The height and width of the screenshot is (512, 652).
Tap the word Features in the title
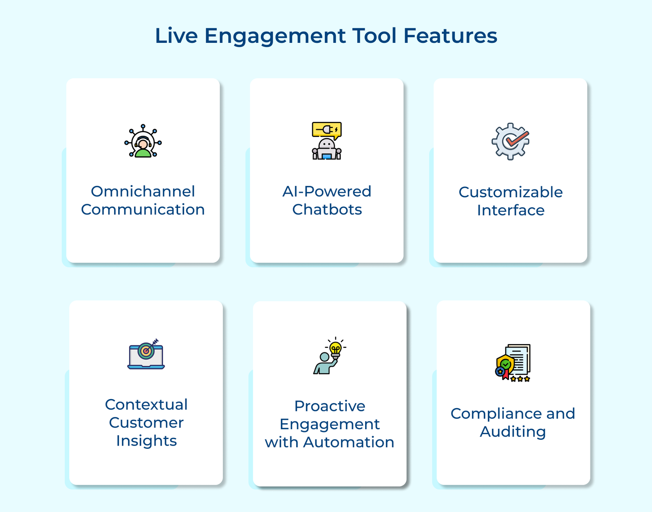click(450, 36)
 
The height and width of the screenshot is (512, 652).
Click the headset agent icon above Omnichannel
click(143, 142)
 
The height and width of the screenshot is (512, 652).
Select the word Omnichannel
click(143, 191)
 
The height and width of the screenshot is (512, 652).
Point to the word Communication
click(143, 210)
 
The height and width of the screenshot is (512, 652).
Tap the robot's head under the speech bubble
click(326, 144)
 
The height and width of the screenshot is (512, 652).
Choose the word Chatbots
click(327, 210)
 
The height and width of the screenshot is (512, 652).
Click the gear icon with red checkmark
click(510, 141)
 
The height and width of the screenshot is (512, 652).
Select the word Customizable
click(510, 192)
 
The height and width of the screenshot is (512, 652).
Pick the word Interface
click(511, 210)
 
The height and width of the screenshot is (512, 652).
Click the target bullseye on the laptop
click(145, 351)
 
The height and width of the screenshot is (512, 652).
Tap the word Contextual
click(146, 404)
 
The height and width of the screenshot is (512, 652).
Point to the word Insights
click(146, 441)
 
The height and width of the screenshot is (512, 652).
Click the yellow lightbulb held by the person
click(335, 348)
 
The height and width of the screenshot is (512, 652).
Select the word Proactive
click(329, 406)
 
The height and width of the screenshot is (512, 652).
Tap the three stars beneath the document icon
click(520, 379)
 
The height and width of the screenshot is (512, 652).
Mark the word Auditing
click(513, 432)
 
